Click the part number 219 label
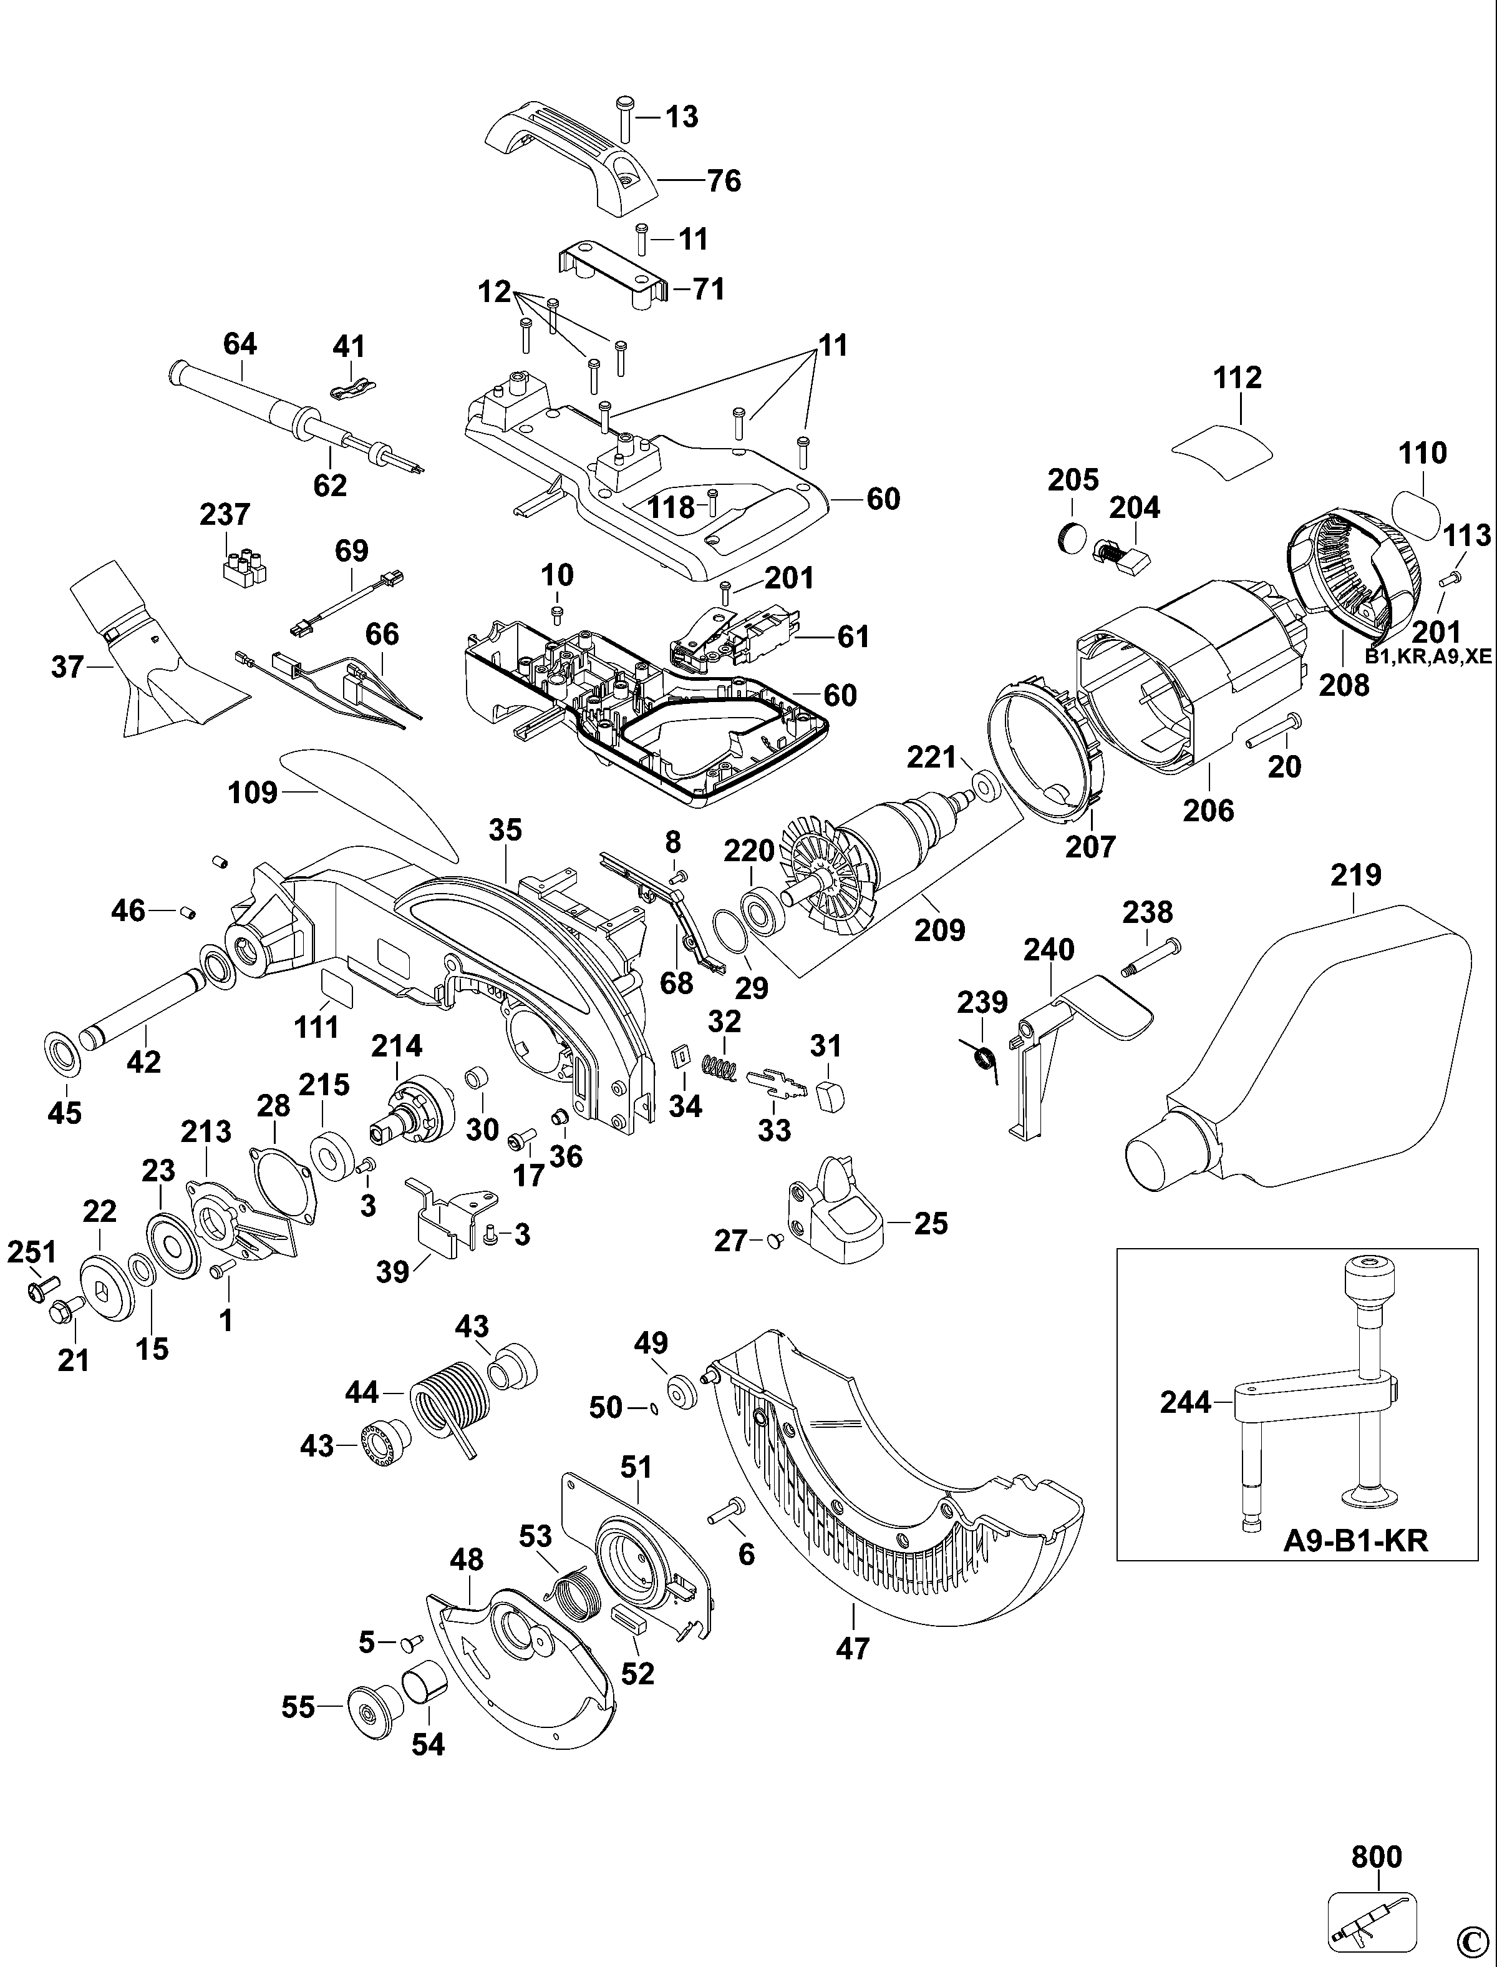(1356, 874)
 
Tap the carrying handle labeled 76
(570, 156)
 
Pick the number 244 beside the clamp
(1186, 1402)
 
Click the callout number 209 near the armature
(940, 930)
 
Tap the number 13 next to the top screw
(682, 117)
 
